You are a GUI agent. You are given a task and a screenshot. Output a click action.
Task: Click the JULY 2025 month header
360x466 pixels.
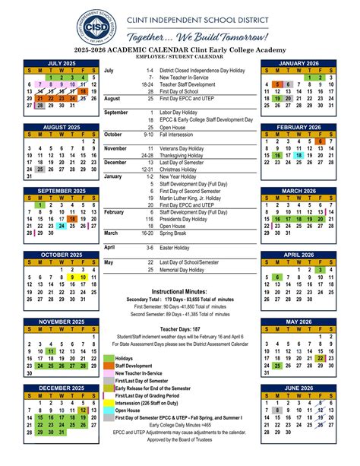pyautogui.click(x=62, y=63)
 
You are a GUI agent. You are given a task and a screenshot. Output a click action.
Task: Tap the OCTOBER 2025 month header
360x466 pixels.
pyautogui.click(x=62, y=255)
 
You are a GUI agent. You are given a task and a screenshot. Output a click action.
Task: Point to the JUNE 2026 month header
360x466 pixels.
pyautogui.click(x=298, y=388)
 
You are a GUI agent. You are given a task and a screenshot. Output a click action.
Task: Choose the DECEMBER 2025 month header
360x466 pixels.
pyautogui.click(x=62, y=388)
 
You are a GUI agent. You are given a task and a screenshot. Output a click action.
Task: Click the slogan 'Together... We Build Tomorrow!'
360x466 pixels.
pyautogui.click(x=197, y=37)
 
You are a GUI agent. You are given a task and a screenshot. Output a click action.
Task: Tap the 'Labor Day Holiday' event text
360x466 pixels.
pyautogui.click(x=180, y=113)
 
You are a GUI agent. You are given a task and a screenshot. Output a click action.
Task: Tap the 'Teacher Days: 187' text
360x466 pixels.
pyautogui.click(x=179, y=328)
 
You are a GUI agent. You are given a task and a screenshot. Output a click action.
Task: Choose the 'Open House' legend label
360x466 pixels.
pyautogui.click(x=128, y=411)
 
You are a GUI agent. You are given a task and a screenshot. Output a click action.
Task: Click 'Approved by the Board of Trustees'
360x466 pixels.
pyautogui.click(x=179, y=439)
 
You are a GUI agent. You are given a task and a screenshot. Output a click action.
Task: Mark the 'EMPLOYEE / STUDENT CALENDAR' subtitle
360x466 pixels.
pyautogui.click(x=179, y=57)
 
